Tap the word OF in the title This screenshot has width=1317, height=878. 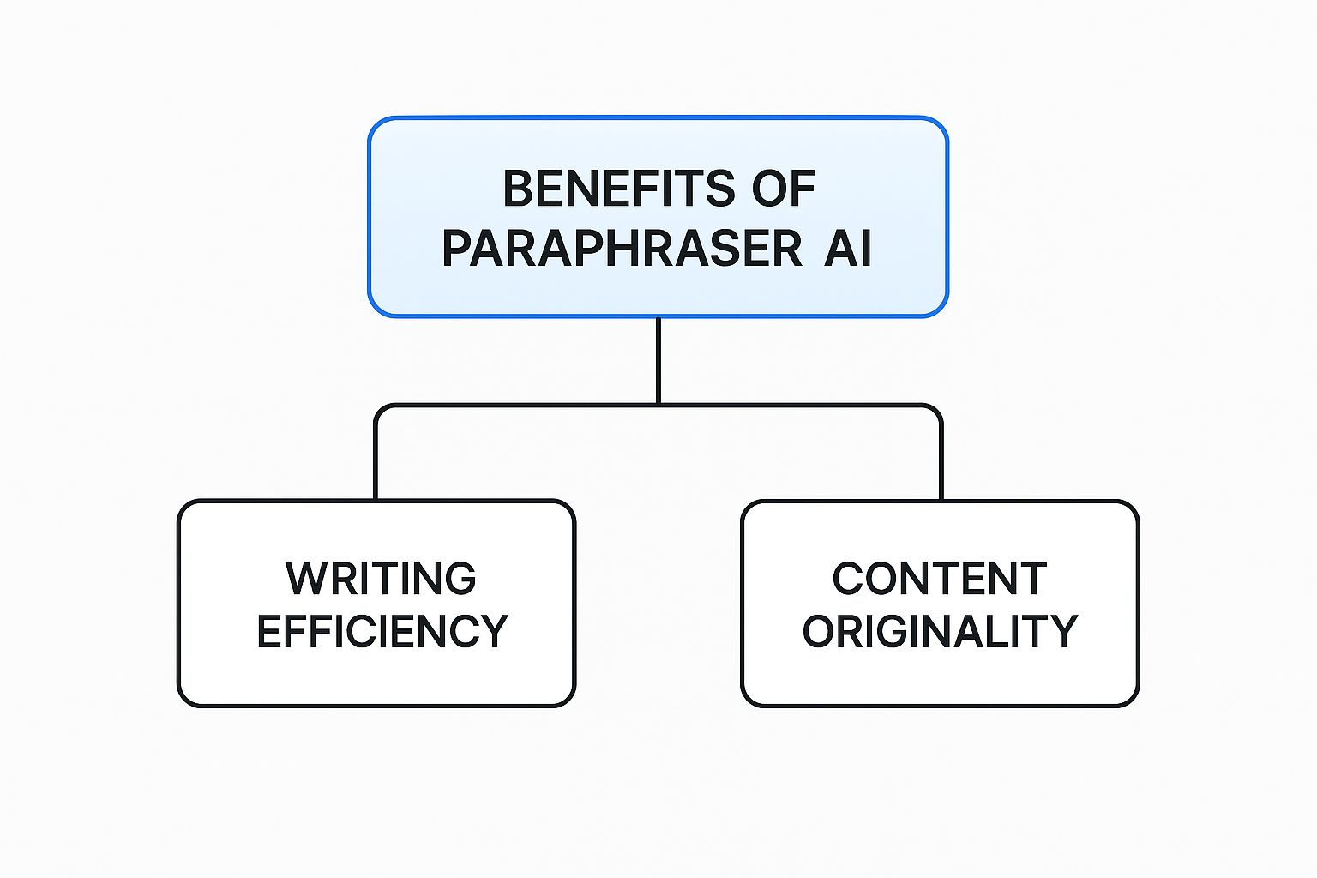tap(783, 189)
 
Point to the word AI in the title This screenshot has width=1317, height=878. tap(847, 249)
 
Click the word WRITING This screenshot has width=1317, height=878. tap(381, 579)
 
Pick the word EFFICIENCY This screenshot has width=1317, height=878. tap(382, 632)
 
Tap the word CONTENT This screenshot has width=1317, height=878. tap(940, 579)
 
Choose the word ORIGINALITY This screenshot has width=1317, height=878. tap(940, 632)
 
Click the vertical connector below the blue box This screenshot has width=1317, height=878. tap(658, 360)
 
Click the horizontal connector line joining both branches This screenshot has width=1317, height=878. tap(514, 405)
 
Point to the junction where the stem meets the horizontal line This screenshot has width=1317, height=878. tap(658, 405)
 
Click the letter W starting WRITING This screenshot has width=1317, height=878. tap(305, 579)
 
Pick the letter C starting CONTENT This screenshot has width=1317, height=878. tap(849, 579)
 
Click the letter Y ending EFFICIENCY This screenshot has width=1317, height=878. tap(493, 632)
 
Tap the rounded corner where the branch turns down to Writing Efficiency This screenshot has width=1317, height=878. tap(380, 409)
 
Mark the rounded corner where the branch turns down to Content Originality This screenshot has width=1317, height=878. tap(937, 409)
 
